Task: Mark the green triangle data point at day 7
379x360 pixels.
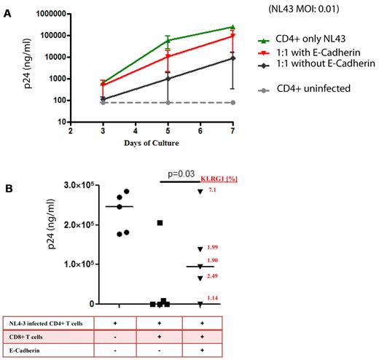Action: tap(232, 28)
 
